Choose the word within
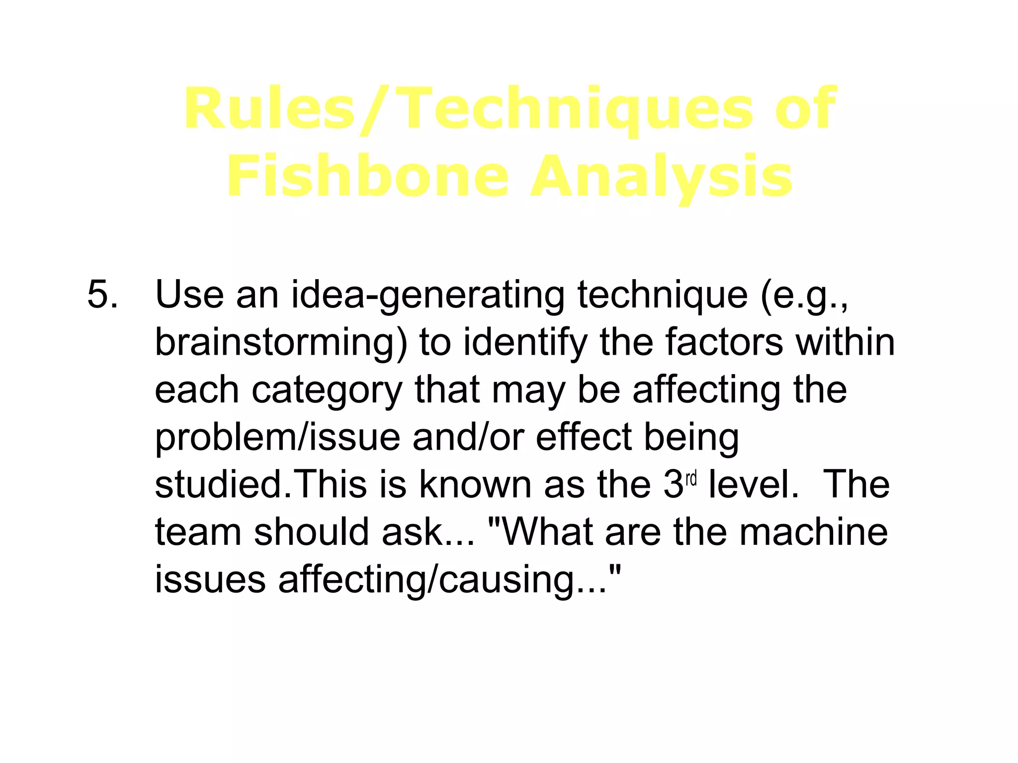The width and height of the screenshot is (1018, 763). click(x=846, y=342)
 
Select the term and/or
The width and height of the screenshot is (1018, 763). click(x=468, y=438)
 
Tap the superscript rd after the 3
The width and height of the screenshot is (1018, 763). click(x=691, y=479)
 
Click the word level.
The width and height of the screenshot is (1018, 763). click(x=753, y=484)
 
